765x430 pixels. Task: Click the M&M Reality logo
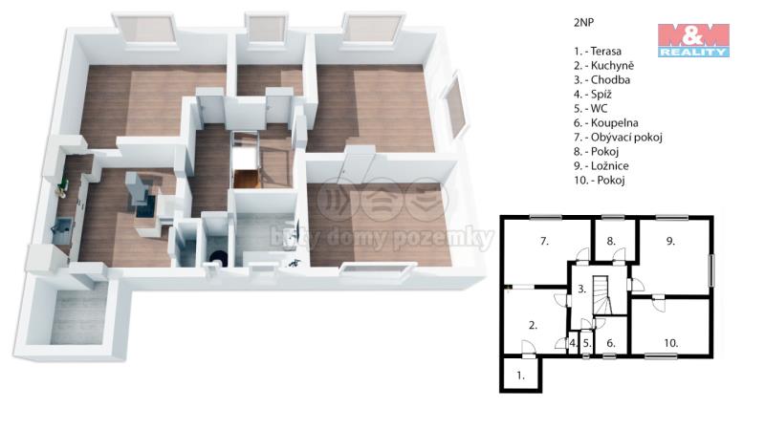693,40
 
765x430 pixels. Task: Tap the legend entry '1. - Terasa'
598,52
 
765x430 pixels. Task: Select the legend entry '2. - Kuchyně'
603,65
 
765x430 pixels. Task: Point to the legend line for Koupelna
606,123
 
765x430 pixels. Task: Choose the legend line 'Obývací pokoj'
618,137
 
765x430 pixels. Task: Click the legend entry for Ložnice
601,165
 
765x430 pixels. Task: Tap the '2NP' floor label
583,22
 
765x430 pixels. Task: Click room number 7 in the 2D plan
544,241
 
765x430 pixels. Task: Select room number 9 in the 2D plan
671,241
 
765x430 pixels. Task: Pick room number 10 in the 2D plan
671,343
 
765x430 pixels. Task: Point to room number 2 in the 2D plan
533,325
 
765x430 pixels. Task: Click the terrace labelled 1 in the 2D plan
520,376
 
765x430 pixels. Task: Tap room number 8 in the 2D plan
611,241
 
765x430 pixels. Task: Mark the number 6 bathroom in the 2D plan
611,343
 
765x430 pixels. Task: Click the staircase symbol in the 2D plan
602,295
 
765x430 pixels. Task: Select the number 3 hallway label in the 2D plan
581,290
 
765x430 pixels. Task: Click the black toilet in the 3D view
218,257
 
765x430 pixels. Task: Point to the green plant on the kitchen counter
62,185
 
